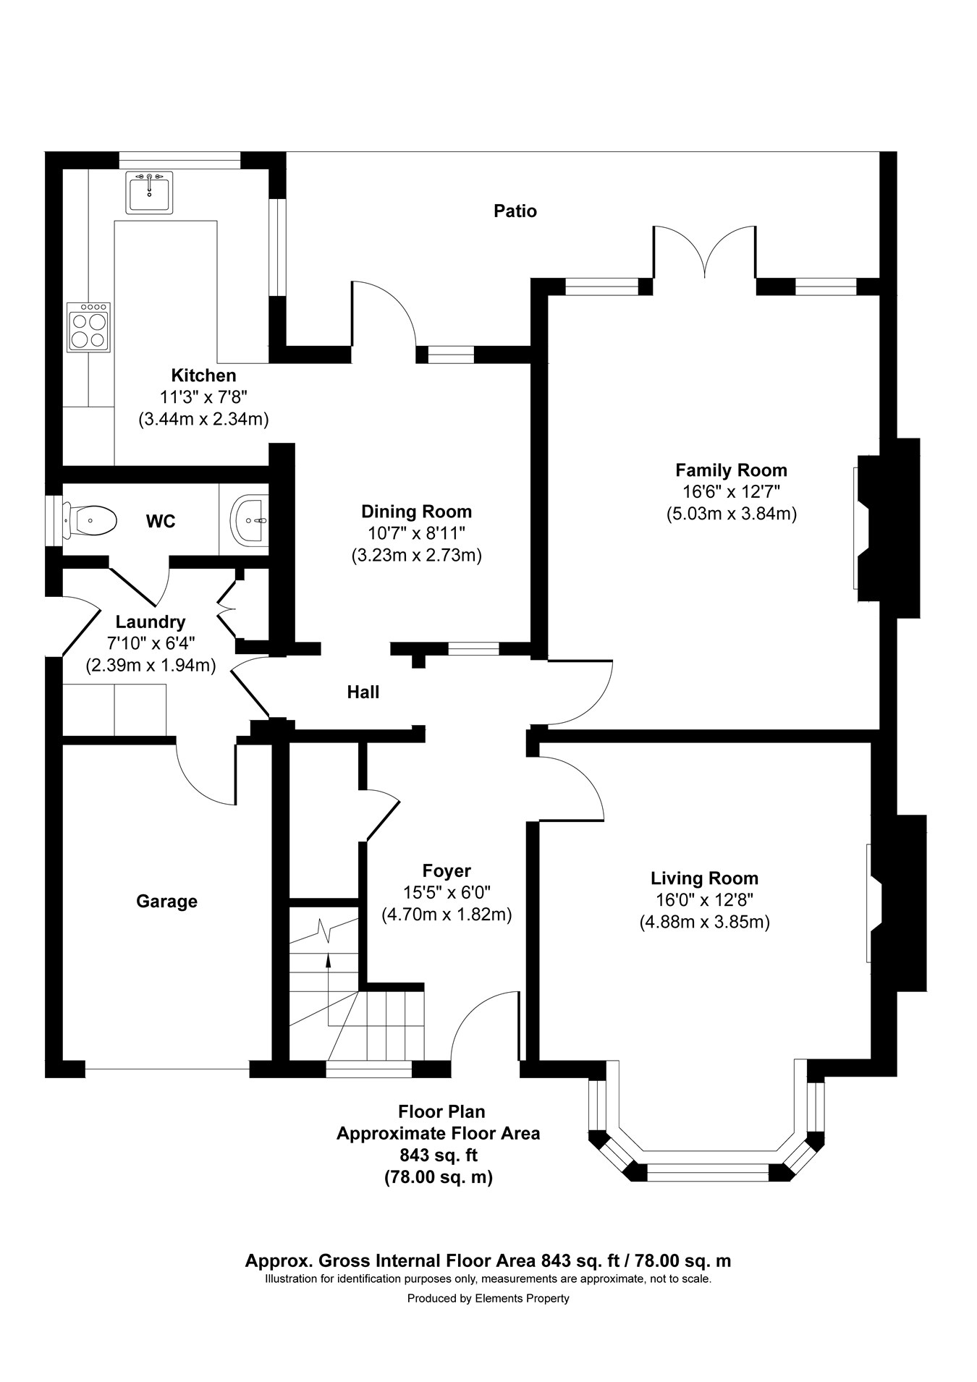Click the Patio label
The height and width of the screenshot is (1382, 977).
point(515,211)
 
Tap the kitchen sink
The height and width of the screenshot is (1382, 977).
point(150,192)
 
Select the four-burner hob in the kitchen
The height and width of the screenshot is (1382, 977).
point(89,327)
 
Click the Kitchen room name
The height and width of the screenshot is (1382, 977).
point(203,376)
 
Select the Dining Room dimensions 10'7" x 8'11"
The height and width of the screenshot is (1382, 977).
point(416,533)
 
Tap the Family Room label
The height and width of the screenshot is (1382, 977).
point(731,470)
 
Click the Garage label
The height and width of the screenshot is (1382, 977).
point(166,902)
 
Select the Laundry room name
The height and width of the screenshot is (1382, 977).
point(151,622)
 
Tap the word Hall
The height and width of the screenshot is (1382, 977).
point(363,692)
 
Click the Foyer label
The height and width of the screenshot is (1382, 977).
point(447,871)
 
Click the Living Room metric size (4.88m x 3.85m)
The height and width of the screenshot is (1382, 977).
point(704,923)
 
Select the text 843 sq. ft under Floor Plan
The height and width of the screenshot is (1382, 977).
point(439,1155)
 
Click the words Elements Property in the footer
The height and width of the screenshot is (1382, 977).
point(522,1299)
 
